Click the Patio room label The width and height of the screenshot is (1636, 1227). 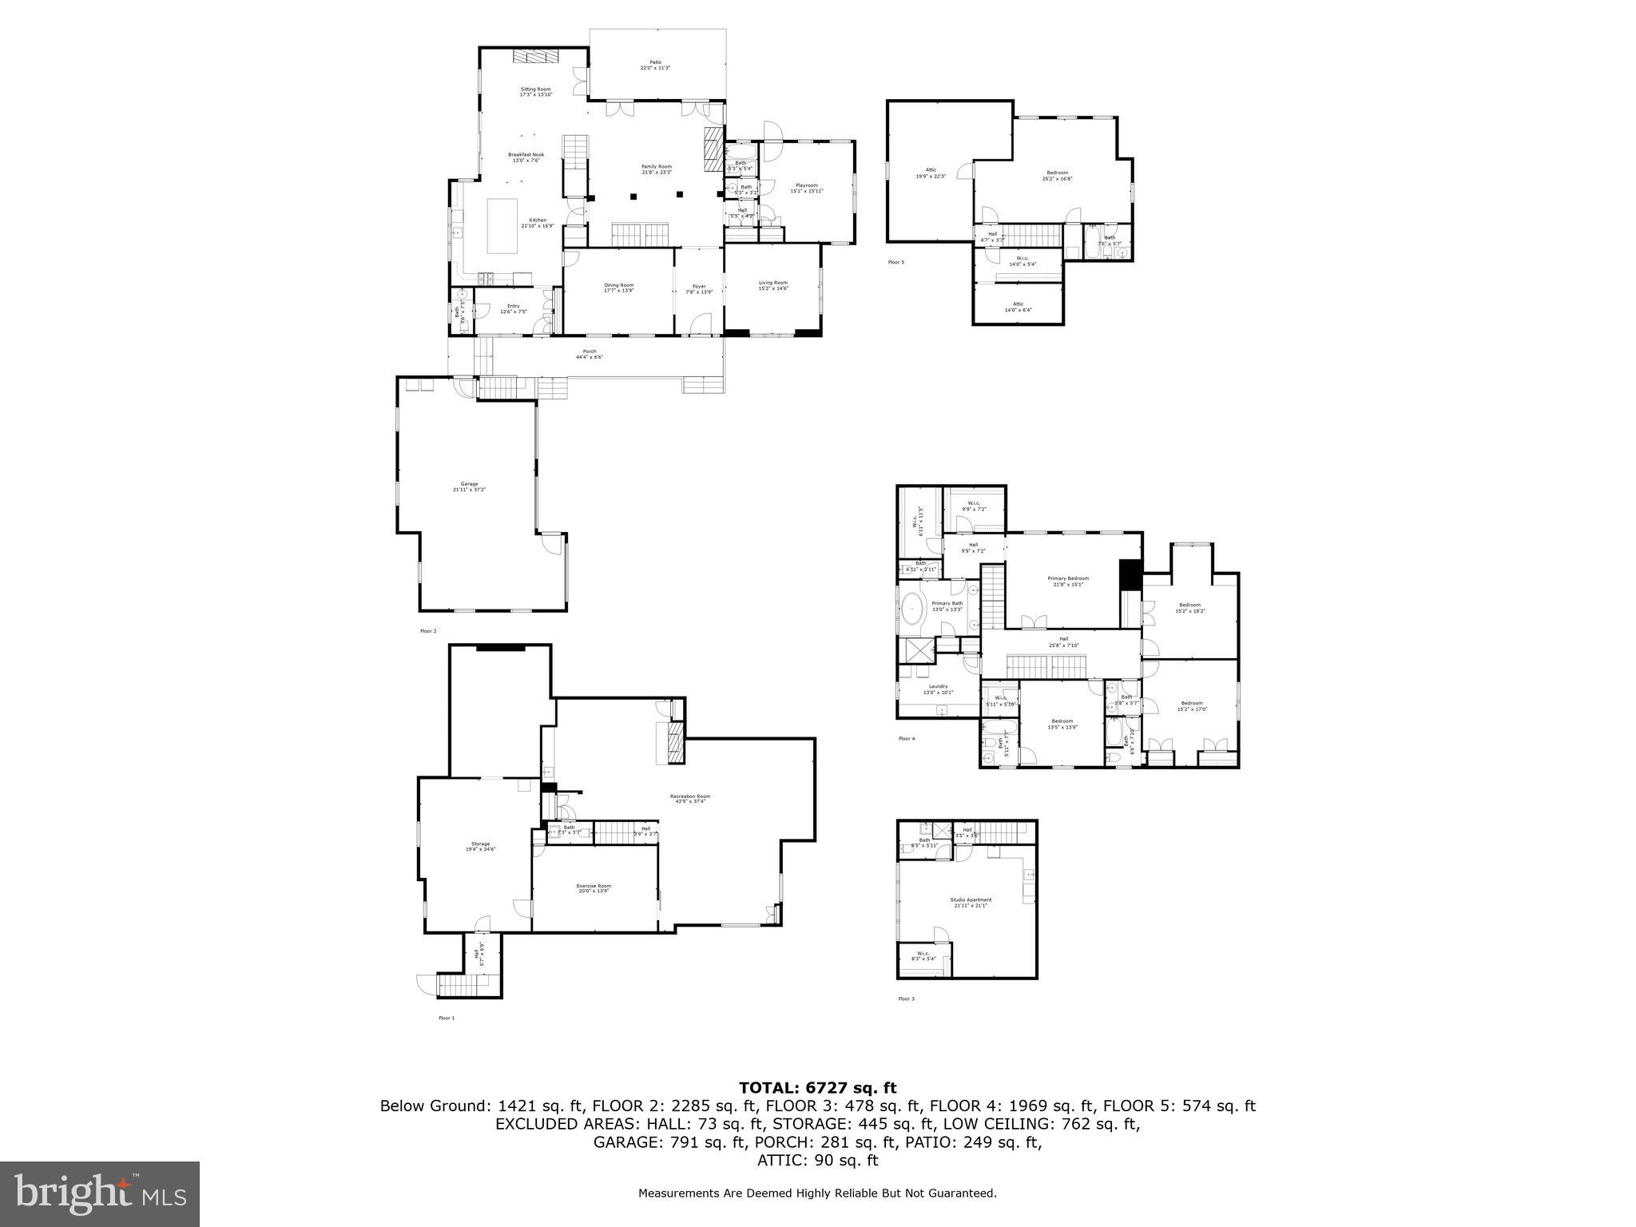pyautogui.click(x=655, y=62)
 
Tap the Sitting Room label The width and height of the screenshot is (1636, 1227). pyautogui.click(x=536, y=89)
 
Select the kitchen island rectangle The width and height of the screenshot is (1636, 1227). pyautogui.click(x=503, y=227)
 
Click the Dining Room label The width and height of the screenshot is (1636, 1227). pyautogui.click(x=619, y=285)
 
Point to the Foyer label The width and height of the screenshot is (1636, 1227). pyautogui.click(x=699, y=286)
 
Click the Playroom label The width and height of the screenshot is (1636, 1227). pyautogui.click(x=806, y=185)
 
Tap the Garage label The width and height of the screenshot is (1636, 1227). pyautogui.click(x=470, y=484)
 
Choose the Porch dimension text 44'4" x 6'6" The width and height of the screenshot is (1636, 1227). pyautogui.click(x=590, y=357)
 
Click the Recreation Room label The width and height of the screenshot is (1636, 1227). pyautogui.click(x=689, y=796)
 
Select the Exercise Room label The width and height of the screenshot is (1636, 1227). pyautogui.click(x=594, y=885)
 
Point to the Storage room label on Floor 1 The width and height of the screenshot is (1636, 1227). pyautogui.click(x=480, y=844)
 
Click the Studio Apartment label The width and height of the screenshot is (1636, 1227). pyautogui.click(x=971, y=900)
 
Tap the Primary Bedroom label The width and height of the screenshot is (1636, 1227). pyautogui.click(x=1068, y=578)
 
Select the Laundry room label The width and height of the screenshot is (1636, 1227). pyautogui.click(x=938, y=686)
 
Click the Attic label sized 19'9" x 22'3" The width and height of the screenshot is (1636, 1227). pyautogui.click(x=931, y=169)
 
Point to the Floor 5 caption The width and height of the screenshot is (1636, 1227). pyautogui.click(x=896, y=262)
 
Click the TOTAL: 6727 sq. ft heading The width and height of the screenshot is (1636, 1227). pyautogui.click(x=817, y=1087)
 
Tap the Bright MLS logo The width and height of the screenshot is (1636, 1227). pyautogui.click(x=100, y=1193)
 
